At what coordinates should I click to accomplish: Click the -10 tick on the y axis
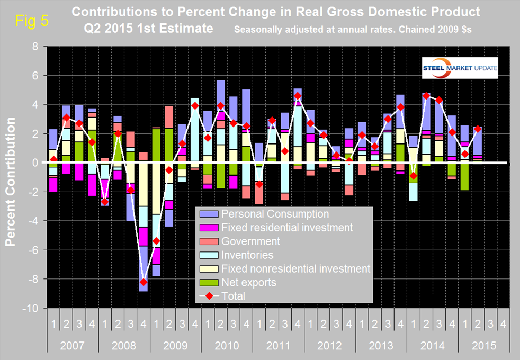[36, 308]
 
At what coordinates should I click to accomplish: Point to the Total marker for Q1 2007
[53, 159]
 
